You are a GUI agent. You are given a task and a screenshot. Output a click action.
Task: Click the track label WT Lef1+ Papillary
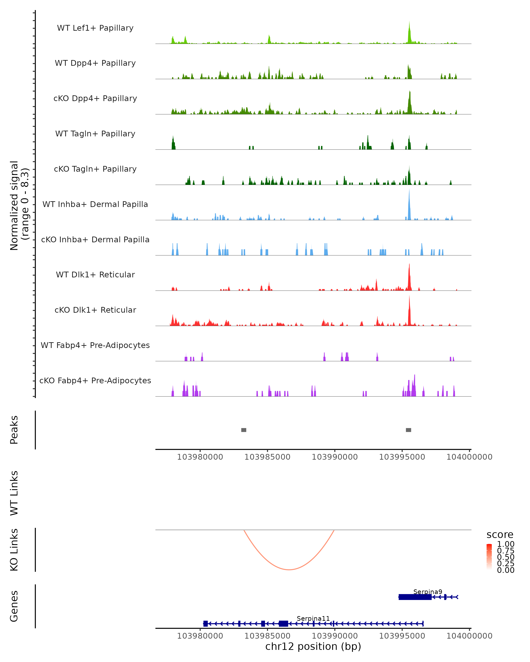coord(95,28)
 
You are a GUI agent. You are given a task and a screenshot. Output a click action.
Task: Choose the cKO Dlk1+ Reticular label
coord(95,310)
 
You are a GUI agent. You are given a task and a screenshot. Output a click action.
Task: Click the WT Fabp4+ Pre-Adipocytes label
coord(95,345)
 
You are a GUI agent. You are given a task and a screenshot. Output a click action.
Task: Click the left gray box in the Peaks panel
coord(244,430)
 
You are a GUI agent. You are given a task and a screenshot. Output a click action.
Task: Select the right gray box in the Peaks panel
coord(408,430)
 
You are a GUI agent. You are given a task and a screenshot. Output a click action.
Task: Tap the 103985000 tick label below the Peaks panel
coord(267,457)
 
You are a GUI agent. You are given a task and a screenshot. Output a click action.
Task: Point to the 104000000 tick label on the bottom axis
coord(469,636)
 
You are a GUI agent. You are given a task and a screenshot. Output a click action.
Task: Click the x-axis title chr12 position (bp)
coord(313,647)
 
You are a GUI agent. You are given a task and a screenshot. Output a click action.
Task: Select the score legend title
coord(500,535)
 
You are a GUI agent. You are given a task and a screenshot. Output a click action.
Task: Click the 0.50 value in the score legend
coord(505,557)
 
